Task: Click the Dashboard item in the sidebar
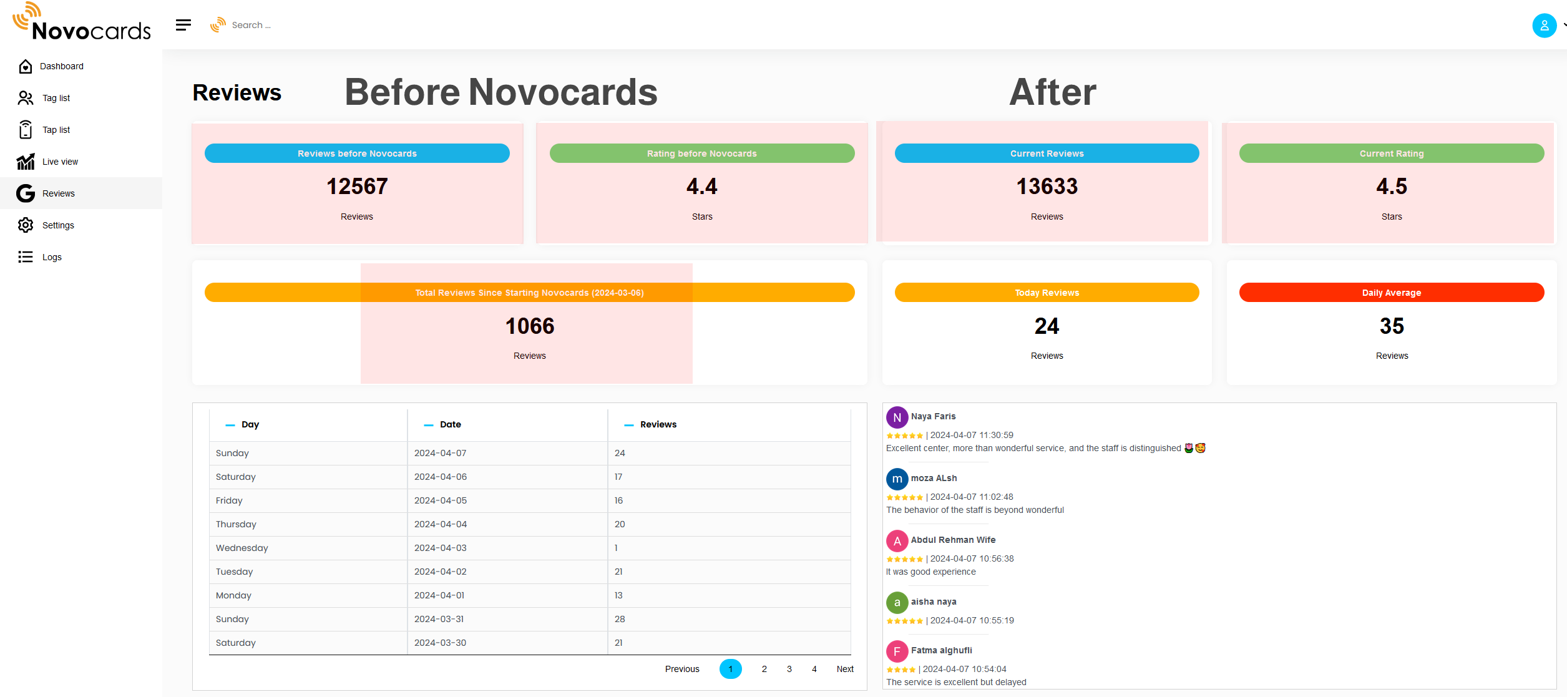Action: [61, 66]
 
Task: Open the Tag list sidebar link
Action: [56, 98]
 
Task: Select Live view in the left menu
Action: [60, 162]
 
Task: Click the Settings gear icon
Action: [26, 225]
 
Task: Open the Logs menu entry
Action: [52, 257]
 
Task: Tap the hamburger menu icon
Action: [183, 25]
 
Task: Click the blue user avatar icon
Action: [1544, 26]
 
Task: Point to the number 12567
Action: [357, 187]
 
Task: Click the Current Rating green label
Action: [1391, 154]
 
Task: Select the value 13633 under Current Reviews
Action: [1047, 187]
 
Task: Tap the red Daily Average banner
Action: [1391, 293]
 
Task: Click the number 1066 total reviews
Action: [529, 326]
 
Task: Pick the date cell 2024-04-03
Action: [440, 548]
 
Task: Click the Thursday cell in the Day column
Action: [236, 524]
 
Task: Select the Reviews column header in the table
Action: [658, 424]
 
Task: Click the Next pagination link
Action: [844, 669]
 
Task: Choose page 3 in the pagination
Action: [789, 669]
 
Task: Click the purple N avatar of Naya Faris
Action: [897, 417]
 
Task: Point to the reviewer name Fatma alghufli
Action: [941, 650]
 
